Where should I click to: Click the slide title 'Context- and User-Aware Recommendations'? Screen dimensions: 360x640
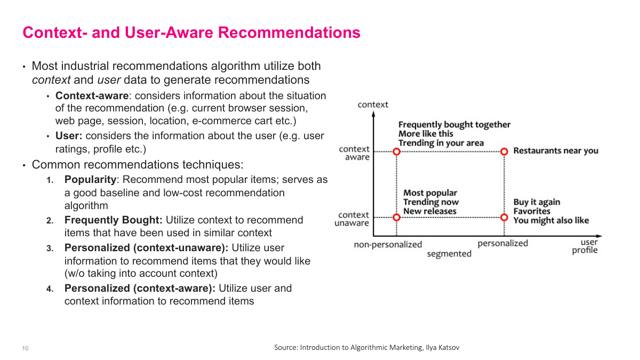[191, 33]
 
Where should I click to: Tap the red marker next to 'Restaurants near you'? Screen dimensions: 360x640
[504, 151]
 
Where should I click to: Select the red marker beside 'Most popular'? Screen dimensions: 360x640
[396, 217]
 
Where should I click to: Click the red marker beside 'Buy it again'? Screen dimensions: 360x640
[504, 217]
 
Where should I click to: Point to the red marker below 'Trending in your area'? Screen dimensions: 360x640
[396, 151]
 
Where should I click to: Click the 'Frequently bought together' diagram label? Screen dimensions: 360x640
[454, 125]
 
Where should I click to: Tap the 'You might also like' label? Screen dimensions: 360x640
[551, 220]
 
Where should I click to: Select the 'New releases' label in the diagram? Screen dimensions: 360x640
[430, 211]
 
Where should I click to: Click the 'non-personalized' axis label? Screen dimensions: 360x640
[388, 244]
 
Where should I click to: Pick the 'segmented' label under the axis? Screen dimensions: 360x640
[449, 254]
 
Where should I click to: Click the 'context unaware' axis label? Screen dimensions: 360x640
[352, 219]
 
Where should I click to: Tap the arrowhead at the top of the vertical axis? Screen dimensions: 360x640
[373, 114]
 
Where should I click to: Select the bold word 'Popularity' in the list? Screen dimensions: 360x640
[90, 180]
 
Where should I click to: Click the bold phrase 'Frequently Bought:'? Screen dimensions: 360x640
[114, 220]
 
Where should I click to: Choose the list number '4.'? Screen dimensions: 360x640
[50, 289]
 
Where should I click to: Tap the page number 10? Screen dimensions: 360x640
[25, 349]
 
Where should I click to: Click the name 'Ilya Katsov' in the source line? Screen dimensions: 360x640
[442, 348]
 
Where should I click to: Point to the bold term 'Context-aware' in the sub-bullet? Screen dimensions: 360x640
[91, 96]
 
